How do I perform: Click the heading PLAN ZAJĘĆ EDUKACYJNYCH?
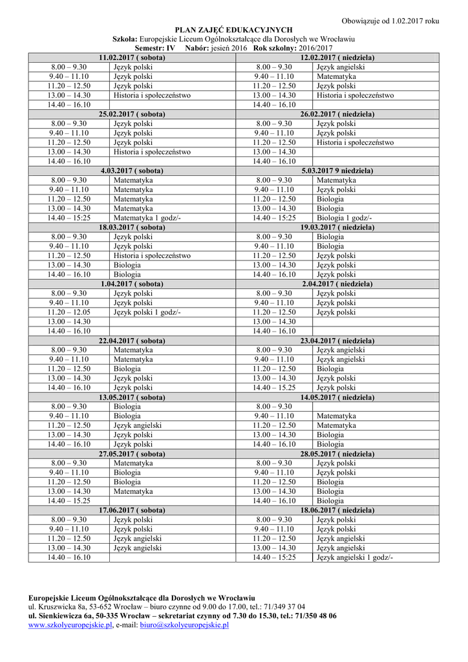point(234,30)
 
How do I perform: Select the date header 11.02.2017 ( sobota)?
point(132,58)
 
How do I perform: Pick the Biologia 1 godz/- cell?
point(344,218)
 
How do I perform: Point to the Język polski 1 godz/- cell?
point(147,312)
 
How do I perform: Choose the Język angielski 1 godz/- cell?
point(354,557)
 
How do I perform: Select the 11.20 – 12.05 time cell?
point(69,312)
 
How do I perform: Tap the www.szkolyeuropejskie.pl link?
point(70,626)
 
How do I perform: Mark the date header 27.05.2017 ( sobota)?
point(132,454)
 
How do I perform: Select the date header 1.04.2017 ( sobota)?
point(132,284)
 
